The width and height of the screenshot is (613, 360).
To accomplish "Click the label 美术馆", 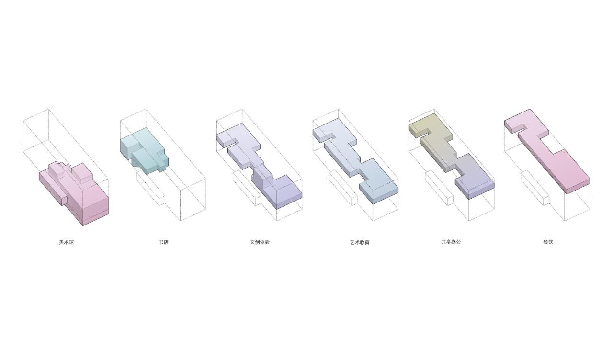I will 66,242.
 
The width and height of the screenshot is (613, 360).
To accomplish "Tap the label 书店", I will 164,242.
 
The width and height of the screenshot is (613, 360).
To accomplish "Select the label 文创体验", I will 260,242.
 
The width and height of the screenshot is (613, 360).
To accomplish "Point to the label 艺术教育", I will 360,242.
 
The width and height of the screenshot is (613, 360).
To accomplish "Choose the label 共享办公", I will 451,242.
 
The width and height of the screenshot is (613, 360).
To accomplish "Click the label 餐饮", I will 548,242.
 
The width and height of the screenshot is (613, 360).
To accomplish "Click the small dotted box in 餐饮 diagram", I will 535,188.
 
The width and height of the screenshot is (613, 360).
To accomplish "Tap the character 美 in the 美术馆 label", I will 61,242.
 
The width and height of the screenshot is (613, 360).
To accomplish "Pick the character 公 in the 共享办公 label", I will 458,242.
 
